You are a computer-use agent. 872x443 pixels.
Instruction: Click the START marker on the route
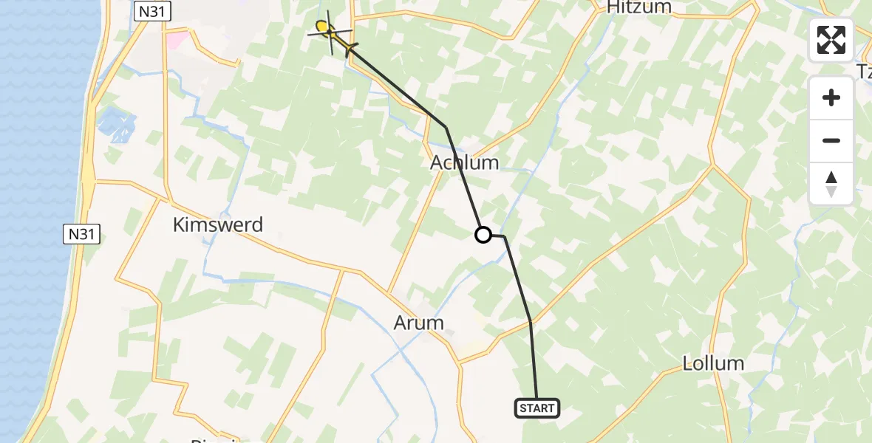point(537,408)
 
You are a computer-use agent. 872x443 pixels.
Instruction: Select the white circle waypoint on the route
point(483,235)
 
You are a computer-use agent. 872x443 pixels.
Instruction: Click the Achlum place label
point(465,162)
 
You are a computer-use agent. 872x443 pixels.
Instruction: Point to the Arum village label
point(419,323)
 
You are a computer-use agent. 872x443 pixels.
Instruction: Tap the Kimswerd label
point(218,225)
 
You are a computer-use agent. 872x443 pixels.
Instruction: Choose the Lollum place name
point(713,363)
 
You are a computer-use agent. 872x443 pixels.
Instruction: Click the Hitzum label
point(638,7)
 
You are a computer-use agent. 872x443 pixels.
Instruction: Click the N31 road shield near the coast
point(81,235)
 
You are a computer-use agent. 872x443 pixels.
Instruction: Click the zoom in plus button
point(831,98)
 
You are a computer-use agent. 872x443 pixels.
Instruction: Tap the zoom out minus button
point(831,140)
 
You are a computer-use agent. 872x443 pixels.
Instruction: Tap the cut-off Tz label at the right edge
point(863,71)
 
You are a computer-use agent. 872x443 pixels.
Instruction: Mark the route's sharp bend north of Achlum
point(446,128)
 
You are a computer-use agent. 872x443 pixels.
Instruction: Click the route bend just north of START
point(531,322)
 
